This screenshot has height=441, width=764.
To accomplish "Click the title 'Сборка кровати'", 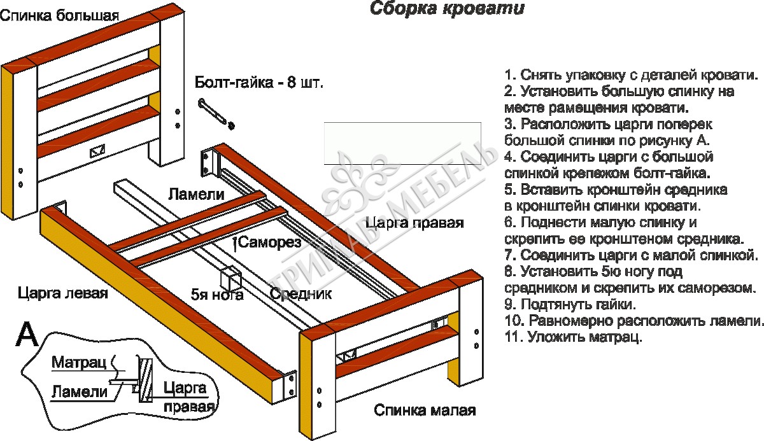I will [x=447, y=10].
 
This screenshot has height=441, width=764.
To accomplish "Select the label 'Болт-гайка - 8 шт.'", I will [x=259, y=83].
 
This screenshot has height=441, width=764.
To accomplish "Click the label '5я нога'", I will [x=216, y=295].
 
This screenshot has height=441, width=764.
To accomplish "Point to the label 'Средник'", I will [x=301, y=294].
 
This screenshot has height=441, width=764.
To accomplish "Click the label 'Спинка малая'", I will [x=425, y=410].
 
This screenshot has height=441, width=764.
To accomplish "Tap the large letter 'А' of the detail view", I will [x=27, y=334].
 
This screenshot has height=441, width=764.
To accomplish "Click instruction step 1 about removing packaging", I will [x=631, y=74].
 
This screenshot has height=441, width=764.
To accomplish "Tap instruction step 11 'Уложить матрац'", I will [x=573, y=337].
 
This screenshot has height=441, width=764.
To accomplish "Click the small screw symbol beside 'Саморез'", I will [x=236, y=242].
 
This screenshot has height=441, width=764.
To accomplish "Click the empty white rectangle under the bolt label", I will [x=402, y=143].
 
